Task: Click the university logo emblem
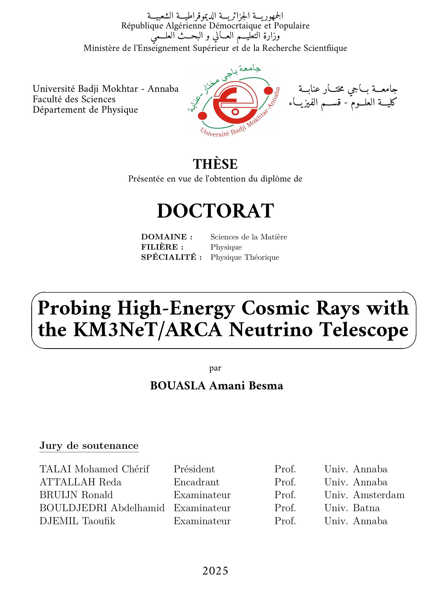pyautogui.click(x=233, y=100)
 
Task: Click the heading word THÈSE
pyautogui.click(x=215, y=164)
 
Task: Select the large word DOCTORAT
pyautogui.click(x=215, y=211)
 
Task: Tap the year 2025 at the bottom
pyautogui.click(x=215, y=571)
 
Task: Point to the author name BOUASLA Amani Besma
pyautogui.click(x=216, y=386)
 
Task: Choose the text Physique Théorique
pyautogui.click(x=245, y=257)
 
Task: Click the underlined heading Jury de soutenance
pyautogui.click(x=89, y=445)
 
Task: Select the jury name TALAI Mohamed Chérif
pyautogui.click(x=94, y=469)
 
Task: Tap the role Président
pyautogui.click(x=194, y=469)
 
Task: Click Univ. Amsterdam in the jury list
pyautogui.click(x=364, y=495)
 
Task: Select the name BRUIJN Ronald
pyautogui.click(x=76, y=495)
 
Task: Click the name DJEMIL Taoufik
pyautogui.click(x=77, y=521)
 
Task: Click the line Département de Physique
pyautogui.click(x=85, y=110)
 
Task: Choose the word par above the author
pyautogui.click(x=215, y=368)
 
